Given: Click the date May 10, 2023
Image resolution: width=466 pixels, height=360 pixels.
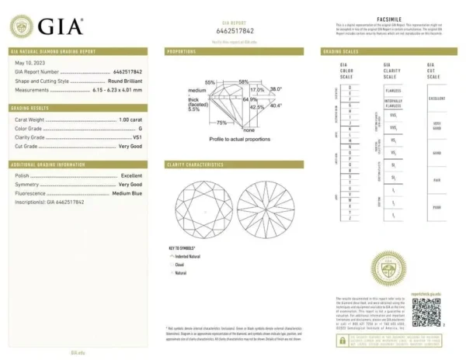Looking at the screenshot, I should (28, 62).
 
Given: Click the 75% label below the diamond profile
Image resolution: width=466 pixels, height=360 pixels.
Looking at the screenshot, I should (221, 123).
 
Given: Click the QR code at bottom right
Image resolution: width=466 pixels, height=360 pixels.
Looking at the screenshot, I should (426, 311).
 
